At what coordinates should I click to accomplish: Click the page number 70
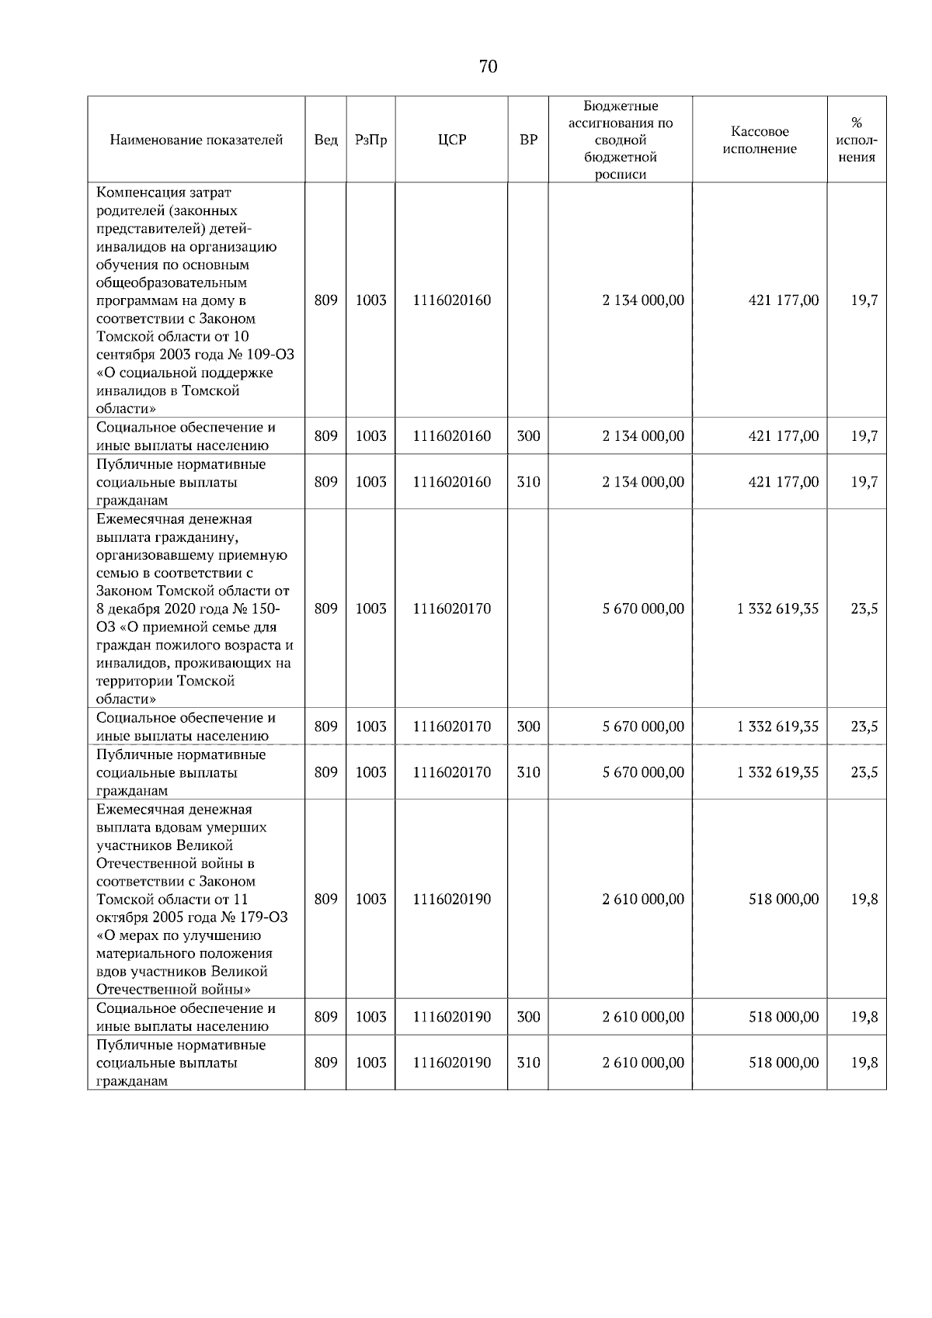(x=488, y=67)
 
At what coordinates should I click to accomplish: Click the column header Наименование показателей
(x=196, y=140)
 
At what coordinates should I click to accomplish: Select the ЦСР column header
(x=452, y=140)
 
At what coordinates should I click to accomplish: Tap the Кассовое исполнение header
(x=760, y=140)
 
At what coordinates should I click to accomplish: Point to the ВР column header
(x=528, y=140)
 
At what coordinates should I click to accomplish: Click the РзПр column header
(x=370, y=140)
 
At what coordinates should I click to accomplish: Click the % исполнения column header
(x=857, y=140)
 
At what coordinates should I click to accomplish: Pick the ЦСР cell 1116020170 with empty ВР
(x=452, y=609)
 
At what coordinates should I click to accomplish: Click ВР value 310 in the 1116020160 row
(x=528, y=482)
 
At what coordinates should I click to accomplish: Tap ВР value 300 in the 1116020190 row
(x=528, y=1017)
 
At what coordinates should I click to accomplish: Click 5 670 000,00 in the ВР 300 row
(x=643, y=727)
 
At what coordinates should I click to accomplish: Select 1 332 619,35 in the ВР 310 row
(x=777, y=772)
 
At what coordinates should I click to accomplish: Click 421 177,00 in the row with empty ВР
(x=783, y=300)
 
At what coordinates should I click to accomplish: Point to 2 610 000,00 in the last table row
(x=643, y=1063)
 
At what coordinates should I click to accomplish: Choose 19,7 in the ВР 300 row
(x=864, y=436)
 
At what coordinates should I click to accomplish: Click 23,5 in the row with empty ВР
(x=864, y=609)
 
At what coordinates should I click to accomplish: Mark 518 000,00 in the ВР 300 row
(x=783, y=1017)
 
